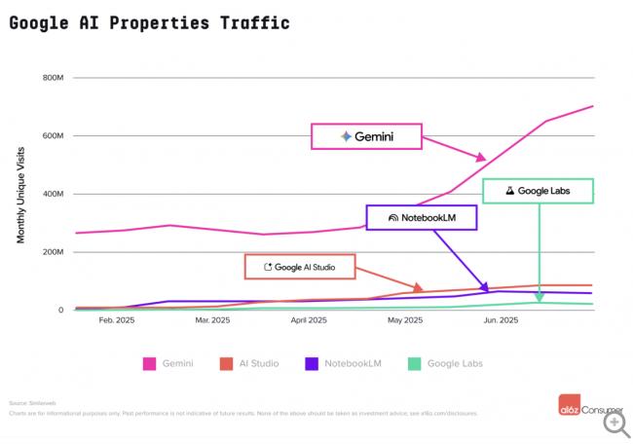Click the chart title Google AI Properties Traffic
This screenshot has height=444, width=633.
click(149, 22)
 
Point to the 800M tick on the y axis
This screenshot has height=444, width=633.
click(53, 78)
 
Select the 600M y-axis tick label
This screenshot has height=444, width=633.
click(53, 136)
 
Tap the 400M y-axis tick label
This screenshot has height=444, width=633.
click(53, 194)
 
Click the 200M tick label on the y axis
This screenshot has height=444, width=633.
click(53, 252)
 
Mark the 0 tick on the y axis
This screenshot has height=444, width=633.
click(60, 311)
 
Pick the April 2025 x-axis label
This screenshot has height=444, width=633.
click(309, 319)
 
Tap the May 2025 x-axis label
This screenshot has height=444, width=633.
click(405, 319)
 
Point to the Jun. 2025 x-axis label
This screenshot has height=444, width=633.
click(501, 319)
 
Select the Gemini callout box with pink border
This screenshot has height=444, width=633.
click(366, 136)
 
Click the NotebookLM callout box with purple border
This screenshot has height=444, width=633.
click(422, 217)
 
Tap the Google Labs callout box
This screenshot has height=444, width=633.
click(538, 191)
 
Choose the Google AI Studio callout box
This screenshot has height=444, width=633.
click(299, 267)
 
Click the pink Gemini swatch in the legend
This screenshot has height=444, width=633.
click(150, 364)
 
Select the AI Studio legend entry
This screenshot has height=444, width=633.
click(251, 364)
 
